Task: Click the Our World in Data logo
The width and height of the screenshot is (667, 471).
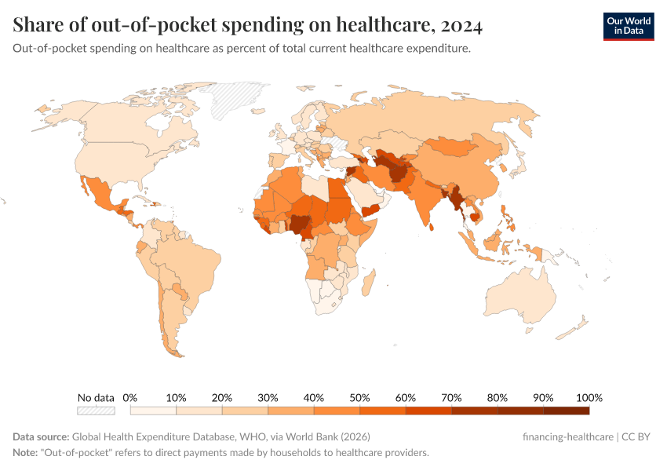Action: pyautogui.click(x=628, y=26)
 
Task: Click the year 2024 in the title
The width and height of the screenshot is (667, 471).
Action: pyautogui.click(x=461, y=26)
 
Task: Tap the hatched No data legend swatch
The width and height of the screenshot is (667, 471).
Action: pyautogui.click(x=96, y=410)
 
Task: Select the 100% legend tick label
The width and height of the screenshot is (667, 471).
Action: pyautogui.click(x=589, y=397)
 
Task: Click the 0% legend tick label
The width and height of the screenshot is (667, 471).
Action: pyautogui.click(x=130, y=397)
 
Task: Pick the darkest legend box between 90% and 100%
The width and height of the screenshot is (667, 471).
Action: pyautogui.click(x=566, y=410)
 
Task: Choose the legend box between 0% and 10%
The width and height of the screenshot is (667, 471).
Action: pyautogui.click(x=153, y=410)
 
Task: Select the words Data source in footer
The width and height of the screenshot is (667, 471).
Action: pyautogui.click(x=41, y=436)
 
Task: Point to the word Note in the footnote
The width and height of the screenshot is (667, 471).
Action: pyautogui.click(x=25, y=453)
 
